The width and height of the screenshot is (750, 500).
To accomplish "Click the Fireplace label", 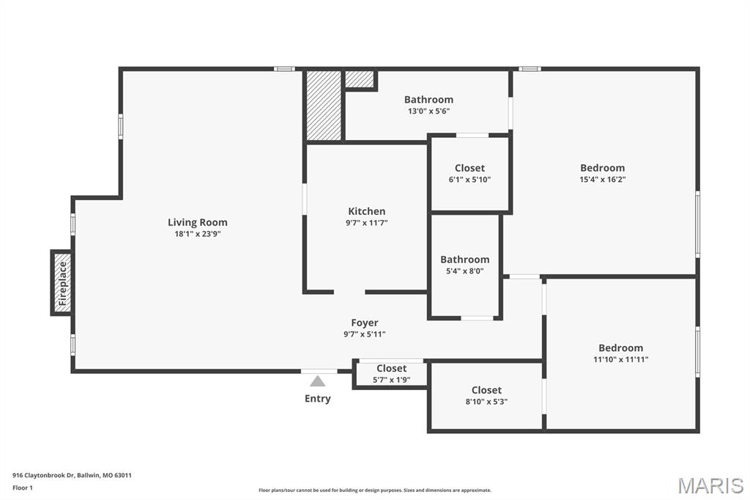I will coord(62,283).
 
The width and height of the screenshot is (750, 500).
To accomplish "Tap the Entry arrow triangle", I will coord(317,381).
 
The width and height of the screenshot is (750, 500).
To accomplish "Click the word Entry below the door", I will coord(317,399).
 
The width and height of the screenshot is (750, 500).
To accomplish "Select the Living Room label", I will coord(198,222).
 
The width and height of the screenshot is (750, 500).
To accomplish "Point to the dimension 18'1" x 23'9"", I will coord(198,235).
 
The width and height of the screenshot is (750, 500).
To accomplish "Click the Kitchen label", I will coord(366,211).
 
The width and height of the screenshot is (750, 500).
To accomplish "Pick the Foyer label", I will coord(365,323).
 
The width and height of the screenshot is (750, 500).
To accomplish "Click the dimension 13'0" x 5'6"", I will coord(428,111).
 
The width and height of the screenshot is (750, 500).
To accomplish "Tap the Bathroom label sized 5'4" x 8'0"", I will coord(464,260).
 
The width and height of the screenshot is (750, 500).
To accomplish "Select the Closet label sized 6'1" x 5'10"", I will coord(469,168).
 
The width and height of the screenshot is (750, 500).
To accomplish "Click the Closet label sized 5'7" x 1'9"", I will coord(391,368).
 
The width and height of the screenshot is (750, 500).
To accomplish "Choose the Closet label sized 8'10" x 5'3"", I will coord(486,390).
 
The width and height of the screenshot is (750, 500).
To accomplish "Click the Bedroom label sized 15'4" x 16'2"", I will coord(602,168).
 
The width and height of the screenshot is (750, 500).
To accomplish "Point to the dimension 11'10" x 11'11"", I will coord(620,359).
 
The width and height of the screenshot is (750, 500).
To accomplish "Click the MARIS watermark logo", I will coord(710,485).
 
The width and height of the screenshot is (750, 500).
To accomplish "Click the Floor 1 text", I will coord(23,488).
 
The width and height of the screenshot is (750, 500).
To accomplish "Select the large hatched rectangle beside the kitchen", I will coord(324,105).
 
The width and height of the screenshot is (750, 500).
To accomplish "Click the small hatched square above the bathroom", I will coord(359,78).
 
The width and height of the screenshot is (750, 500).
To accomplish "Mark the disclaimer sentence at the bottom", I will coord(374,490).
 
